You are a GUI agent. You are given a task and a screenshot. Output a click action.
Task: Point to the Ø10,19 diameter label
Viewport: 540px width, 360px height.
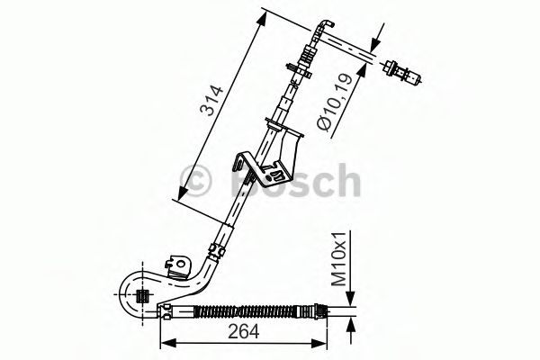[336, 104]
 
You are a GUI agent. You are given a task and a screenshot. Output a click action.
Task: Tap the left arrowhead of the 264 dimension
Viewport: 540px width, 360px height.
[166, 342]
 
